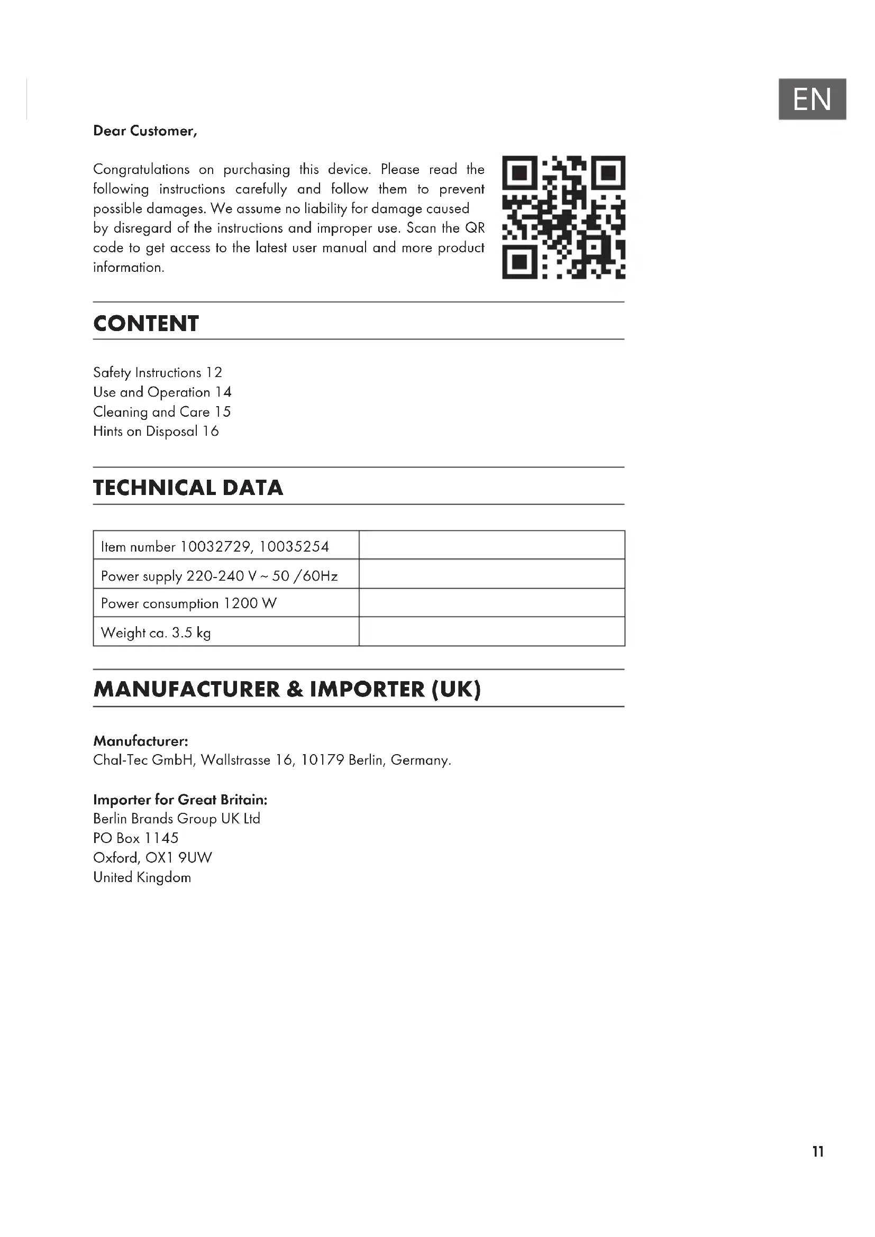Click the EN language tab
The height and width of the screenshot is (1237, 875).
pyautogui.click(x=812, y=99)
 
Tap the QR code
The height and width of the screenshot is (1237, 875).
pyautogui.click(x=563, y=217)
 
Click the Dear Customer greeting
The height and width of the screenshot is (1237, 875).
pyautogui.click(x=145, y=131)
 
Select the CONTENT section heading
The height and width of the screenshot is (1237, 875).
pyautogui.click(x=146, y=324)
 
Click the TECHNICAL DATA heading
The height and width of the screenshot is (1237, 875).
pyautogui.click(x=188, y=488)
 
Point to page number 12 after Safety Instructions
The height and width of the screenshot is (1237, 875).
pyautogui.click(x=214, y=373)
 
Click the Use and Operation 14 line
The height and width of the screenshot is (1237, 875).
pyautogui.click(x=162, y=392)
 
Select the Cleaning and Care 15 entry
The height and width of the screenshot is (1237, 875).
pyautogui.click(x=162, y=412)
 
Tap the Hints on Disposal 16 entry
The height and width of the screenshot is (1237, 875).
pyautogui.click(x=156, y=432)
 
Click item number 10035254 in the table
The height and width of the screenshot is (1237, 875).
pyautogui.click(x=294, y=547)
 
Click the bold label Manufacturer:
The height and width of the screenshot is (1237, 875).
pyautogui.click(x=141, y=741)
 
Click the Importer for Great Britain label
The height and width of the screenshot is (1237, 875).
pyautogui.click(x=180, y=800)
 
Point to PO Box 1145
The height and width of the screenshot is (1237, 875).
pyautogui.click(x=136, y=838)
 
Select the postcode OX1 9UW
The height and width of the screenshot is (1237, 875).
pyautogui.click(x=179, y=858)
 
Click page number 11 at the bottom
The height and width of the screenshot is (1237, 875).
pyautogui.click(x=818, y=1151)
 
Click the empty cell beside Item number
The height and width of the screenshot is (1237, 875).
pyautogui.click(x=491, y=545)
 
